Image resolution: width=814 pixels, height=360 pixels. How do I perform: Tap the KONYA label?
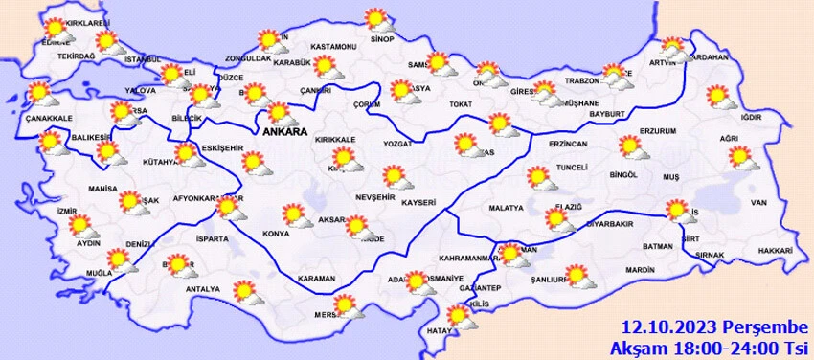276,233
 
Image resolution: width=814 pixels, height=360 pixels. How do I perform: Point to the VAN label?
759,202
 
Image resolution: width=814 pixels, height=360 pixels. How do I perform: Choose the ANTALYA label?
202,288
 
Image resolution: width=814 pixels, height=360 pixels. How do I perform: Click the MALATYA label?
506,207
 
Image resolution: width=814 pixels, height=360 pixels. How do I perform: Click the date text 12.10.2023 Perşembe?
713,326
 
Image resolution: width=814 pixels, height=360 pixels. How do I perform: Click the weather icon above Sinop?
375,19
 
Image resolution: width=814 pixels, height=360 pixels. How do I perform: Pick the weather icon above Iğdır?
716,96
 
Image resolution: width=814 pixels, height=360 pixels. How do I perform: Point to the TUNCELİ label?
572,166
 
